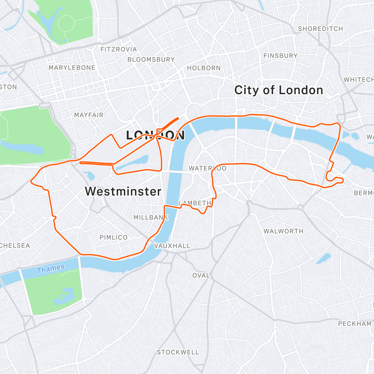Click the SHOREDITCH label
(x=320, y=29)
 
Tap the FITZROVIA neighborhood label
(x=118, y=49)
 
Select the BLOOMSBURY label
(x=151, y=60)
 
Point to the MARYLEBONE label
(x=72, y=68)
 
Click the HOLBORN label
(x=204, y=68)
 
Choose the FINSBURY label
(x=280, y=56)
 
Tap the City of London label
(x=279, y=90)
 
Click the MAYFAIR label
(x=89, y=115)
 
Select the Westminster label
(x=123, y=191)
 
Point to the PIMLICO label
(x=113, y=237)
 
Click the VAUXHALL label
(x=172, y=246)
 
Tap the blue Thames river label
(x=50, y=269)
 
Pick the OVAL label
(x=201, y=276)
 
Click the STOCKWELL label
(x=178, y=352)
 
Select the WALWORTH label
(x=283, y=231)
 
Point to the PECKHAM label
(x=355, y=324)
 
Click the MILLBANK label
(x=151, y=218)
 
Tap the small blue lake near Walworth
(x=324, y=258)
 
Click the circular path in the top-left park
(x=66, y=23)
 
